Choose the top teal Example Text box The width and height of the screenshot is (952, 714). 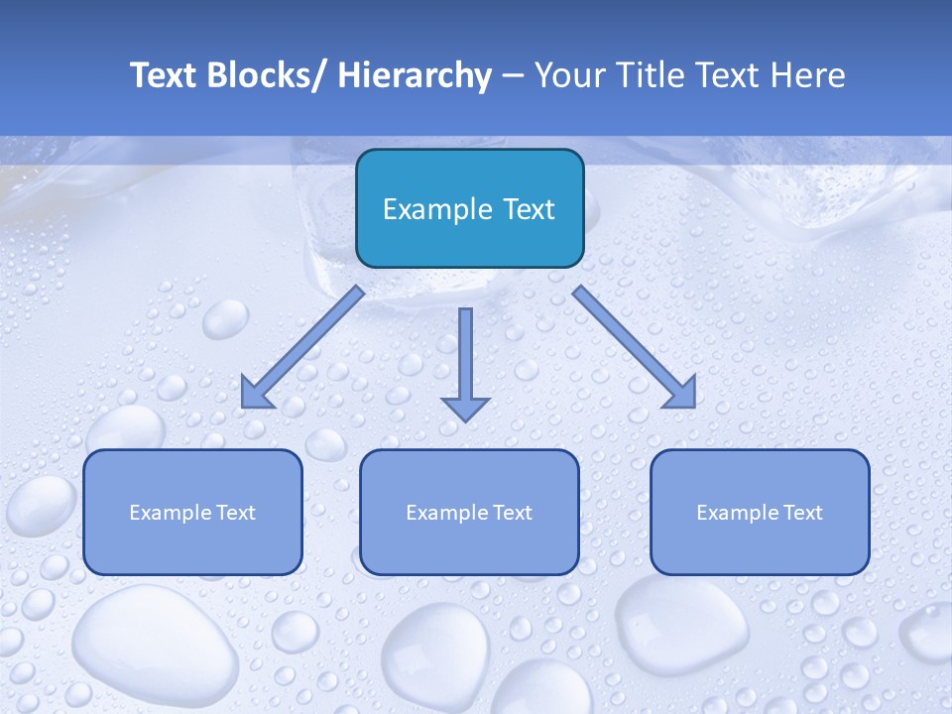[469, 208]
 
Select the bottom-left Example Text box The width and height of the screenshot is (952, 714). [192, 512]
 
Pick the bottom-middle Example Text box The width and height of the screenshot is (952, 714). [469, 512]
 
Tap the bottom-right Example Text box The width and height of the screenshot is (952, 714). [760, 512]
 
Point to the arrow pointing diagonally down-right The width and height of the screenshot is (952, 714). [635, 347]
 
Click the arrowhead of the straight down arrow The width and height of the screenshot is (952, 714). [465, 407]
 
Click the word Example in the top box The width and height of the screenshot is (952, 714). [423, 209]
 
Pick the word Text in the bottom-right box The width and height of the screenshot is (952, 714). [803, 513]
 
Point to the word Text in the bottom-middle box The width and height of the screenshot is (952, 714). [513, 513]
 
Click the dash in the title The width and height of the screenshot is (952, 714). [513, 76]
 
